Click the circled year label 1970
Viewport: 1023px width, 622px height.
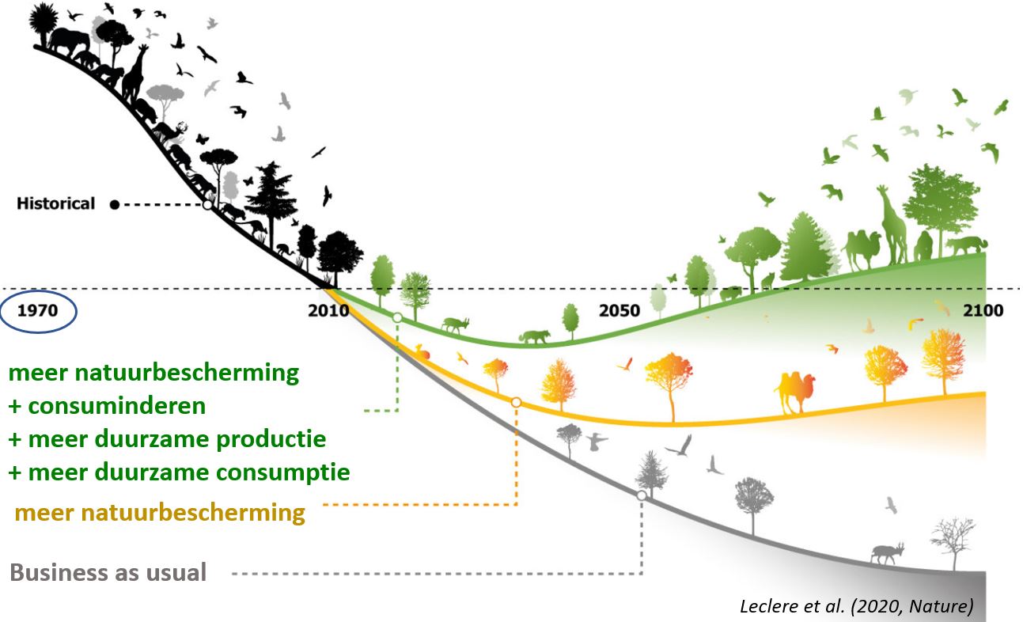(x=38, y=310)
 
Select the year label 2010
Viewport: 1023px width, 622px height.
(x=328, y=310)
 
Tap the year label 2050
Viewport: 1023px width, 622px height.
(x=619, y=310)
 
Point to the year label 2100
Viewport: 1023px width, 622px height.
(x=983, y=310)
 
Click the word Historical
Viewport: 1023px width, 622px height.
(x=55, y=203)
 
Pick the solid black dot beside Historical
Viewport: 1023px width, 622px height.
(x=115, y=205)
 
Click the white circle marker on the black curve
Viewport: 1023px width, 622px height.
(x=207, y=205)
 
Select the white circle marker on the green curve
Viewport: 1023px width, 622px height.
(x=397, y=317)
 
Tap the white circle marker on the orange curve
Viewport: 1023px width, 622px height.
(x=516, y=402)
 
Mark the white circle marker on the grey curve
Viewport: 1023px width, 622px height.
(x=642, y=495)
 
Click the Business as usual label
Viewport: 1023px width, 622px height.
(x=108, y=572)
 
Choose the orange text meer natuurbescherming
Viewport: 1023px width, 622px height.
(x=160, y=512)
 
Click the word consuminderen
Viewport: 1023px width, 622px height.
(x=117, y=406)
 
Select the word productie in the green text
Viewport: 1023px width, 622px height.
(x=271, y=439)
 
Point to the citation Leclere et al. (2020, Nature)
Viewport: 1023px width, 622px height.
(x=857, y=606)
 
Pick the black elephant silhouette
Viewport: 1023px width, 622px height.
(x=69, y=42)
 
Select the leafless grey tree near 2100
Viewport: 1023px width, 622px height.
(x=953, y=544)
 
